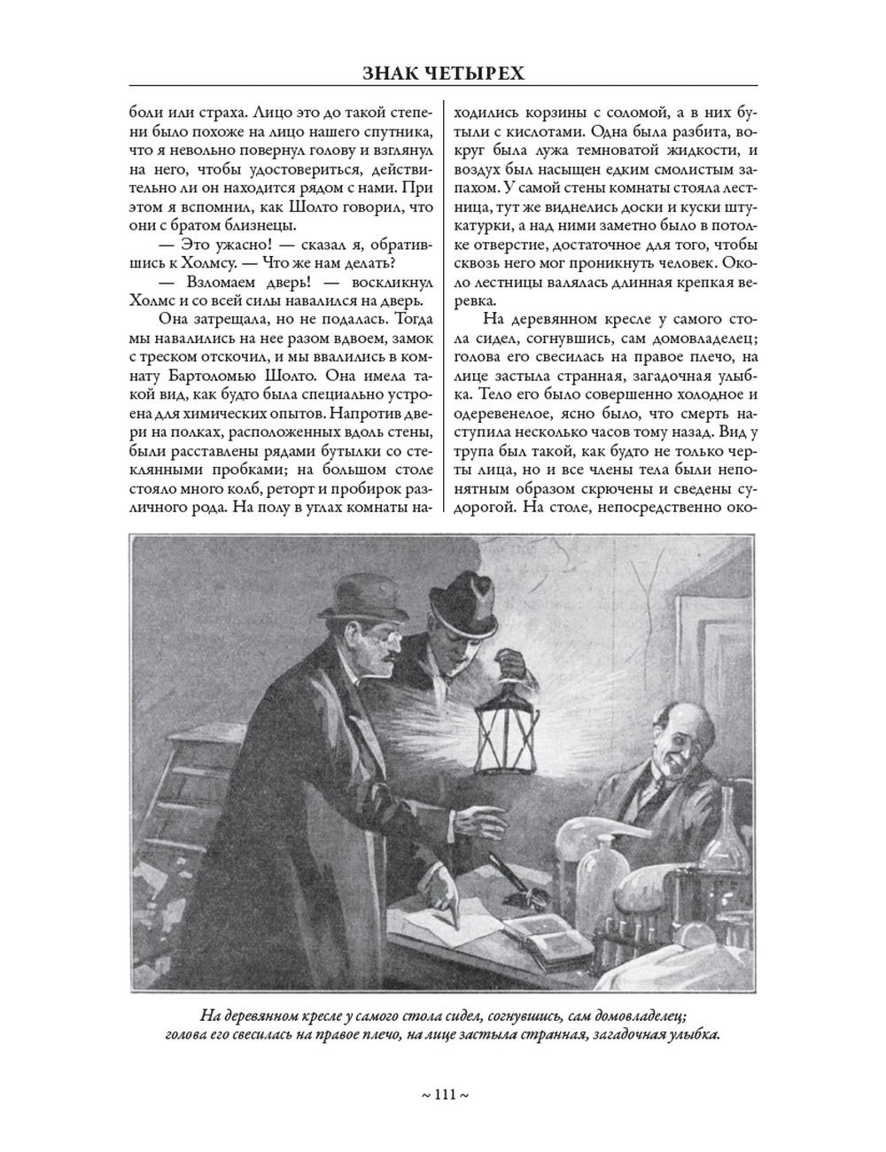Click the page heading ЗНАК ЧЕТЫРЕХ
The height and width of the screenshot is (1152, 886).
pyautogui.click(x=443, y=73)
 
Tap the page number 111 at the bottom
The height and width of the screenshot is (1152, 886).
pyautogui.click(x=444, y=1095)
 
